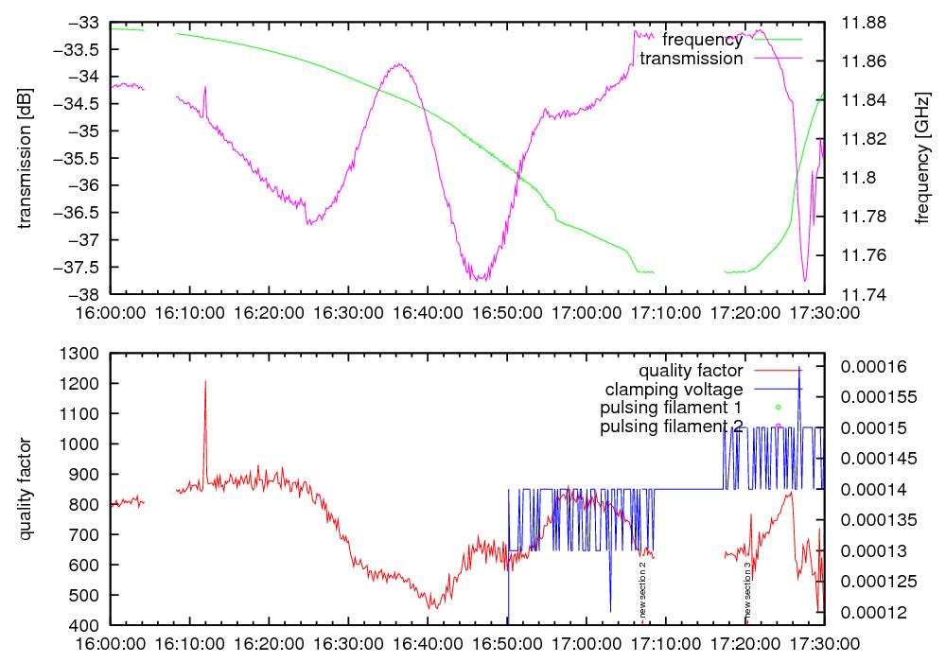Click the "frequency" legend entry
tap(702, 40)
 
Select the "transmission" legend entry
tap(692, 59)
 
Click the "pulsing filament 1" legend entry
tap(670, 409)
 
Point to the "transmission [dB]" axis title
tap(25, 158)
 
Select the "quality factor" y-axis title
tap(25, 489)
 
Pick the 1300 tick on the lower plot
tap(86, 354)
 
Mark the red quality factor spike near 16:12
tap(205, 383)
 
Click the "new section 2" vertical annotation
tap(642, 588)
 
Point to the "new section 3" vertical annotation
tap(747, 588)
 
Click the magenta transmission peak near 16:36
tap(400, 64)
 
